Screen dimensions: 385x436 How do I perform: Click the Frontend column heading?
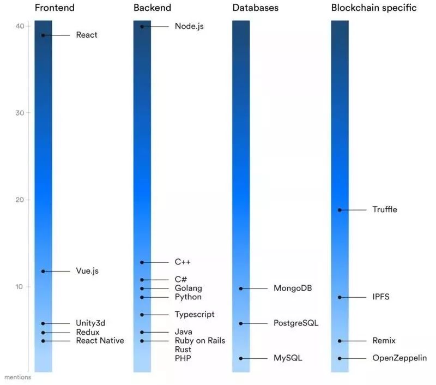point(55,8)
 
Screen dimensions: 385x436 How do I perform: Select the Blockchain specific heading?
point(374,8)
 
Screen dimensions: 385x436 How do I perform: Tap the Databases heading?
point(255,8)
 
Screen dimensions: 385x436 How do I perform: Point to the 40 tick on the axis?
point(20,26)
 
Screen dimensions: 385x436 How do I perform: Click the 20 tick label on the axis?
point(20,200)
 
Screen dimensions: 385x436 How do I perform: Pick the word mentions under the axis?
point(17,377)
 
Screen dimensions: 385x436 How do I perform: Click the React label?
point(87,35)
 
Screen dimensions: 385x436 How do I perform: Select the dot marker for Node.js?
point(142,26)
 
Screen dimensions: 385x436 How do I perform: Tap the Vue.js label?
point(87,271)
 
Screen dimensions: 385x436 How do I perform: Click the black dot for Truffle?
point(340,210)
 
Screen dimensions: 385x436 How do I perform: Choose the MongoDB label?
point(292,288)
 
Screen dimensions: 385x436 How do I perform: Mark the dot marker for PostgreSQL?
point(241,323)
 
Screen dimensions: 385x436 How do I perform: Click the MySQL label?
point(288,358)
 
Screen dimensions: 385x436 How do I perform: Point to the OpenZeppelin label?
point(399,358)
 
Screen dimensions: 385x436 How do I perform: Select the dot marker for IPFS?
point(340,297)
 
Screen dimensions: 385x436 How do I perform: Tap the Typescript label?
point(195,315)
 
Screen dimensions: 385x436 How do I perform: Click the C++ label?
point(183,262)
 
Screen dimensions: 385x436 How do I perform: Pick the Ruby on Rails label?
point(200,341)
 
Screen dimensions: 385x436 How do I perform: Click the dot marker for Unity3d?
point(43,323)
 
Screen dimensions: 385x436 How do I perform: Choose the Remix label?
point(384,341)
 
